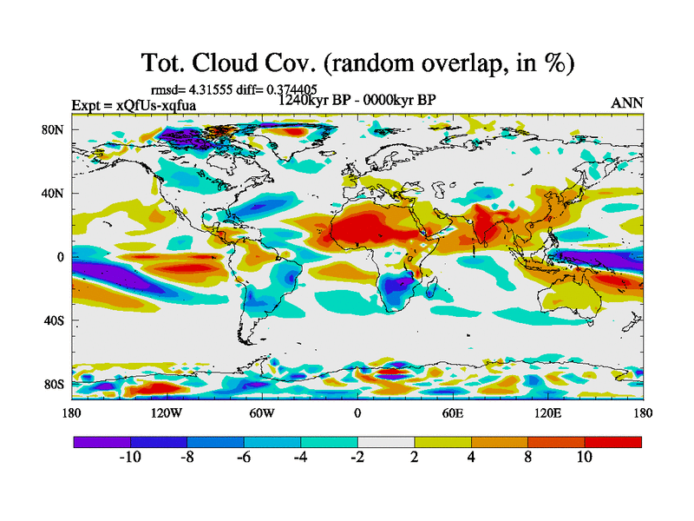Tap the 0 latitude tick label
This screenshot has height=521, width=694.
61,257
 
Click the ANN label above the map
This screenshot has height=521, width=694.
627,102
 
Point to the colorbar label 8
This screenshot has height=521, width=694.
527,457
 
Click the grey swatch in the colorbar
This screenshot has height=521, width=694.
386,442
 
